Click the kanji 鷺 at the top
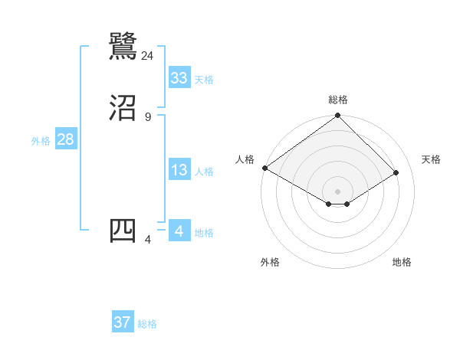pyautogui.click(x=123, y=45)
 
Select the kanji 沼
pyautogui.click(x=123, y=108)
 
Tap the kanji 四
pyautogui.click(x=123, y=231)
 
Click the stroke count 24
pyautogui.click(x=148, y=55)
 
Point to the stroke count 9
pyautogui.click(x=148, y=116)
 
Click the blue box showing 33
pyautogui.click(x=179, y=78)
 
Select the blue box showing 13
pyautogui.click(x=179, y=170)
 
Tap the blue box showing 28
pyautogui.click(x=65, y=140)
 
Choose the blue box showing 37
pyautogui.click(x=123, y=322)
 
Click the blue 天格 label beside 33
pyautogui.click(x=204, y=80)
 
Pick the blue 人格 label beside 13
pyautogui.click(x=204, y=172)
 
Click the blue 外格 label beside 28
pyautogui.click(x=41, y=141)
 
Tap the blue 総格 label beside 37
pyautogui.click(x=147, y=324)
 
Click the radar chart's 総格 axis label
pyautogui.click(x=338, y=100)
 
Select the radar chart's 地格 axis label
pyautogui.click(x=402, y=262)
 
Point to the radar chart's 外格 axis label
pyautogui.click(x=270, y=262)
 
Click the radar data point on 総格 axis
pyautogui.click(x=338, y=116)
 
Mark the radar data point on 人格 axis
pyautogui.click(x=264, y=168)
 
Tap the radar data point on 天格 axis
pyautogui.click(x=396, y=172)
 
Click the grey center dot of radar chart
pyautogui.click(x=338, y=191)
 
